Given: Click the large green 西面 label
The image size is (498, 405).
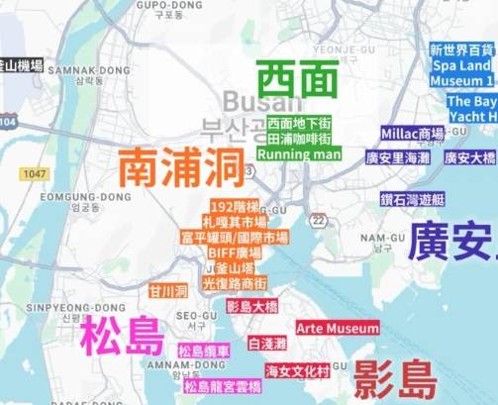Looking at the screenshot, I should [x=298, y=80].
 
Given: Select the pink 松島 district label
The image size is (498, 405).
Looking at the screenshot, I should [x=123, y=337].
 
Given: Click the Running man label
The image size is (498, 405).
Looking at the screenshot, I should [x=298, y=154].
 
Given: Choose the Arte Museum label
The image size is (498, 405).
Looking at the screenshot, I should [x=338, y=328].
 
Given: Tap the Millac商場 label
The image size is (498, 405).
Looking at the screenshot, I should [x=412, y=134].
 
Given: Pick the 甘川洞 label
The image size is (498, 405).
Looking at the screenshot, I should [x=168, y=291].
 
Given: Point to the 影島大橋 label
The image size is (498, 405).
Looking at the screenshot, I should [x=252, y=307].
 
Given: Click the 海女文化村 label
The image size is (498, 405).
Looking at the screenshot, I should [x=296, y=371].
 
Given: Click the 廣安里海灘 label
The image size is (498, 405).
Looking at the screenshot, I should [x=398, y=157].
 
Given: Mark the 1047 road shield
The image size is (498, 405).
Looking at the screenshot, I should [x=37, y=174].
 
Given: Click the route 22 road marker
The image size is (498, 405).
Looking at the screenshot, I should [x=319, y=220].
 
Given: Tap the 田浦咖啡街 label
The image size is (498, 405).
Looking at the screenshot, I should [x=298, y=140].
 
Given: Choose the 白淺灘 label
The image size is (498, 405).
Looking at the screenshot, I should [x=267, y=344].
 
